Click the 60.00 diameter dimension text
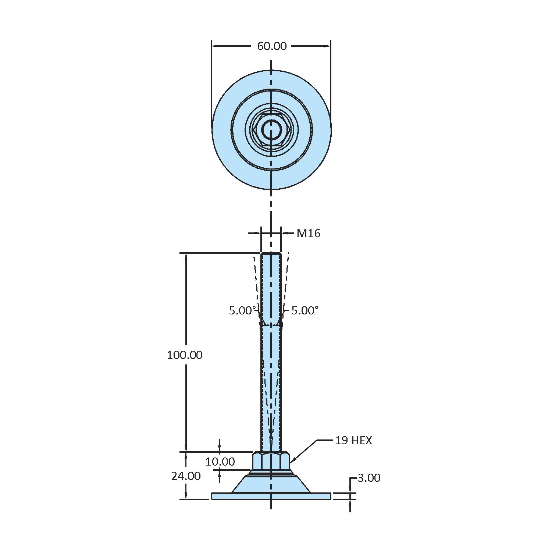[x=272, y=46]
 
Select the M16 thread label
[x=309, y=233]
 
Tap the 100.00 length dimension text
[x=185, y=355]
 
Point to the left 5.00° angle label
[x=242, y=311]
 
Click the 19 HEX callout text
[x=353, y=440]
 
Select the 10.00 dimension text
[x=220, y=462]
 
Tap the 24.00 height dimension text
[x=186, y=476]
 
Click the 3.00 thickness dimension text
[x=369, y=478]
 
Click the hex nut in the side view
[x=271, y=461]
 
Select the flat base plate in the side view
[x=271, y=496]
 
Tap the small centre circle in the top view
[x=271, y=129]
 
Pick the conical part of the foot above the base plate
[x=271, y=484]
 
